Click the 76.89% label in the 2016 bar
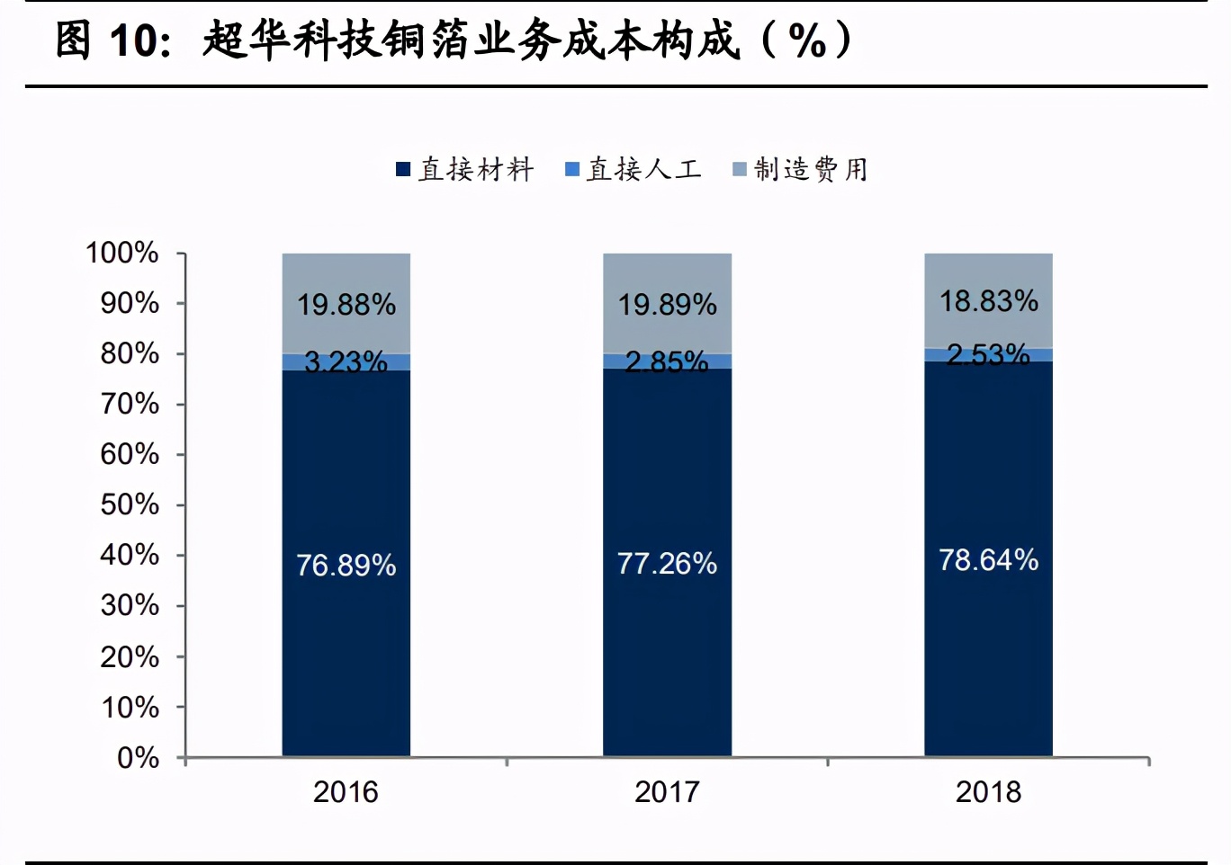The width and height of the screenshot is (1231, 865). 346,565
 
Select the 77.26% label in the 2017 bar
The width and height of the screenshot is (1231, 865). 667,563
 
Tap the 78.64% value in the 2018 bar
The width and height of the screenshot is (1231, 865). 988,560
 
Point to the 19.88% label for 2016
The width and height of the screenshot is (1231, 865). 346,305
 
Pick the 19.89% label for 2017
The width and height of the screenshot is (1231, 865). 667,305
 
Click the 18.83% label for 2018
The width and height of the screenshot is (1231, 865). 988,301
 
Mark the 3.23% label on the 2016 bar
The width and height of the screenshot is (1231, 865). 346,361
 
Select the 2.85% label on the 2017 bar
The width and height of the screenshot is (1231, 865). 667,361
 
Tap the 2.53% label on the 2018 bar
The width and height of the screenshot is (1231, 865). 988,354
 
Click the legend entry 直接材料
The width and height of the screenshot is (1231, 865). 476,169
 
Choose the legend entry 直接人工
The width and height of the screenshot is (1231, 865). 643,169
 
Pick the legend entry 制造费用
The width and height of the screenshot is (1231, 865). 811,169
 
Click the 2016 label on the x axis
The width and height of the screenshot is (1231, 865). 346,792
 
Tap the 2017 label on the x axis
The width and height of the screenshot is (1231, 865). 667,792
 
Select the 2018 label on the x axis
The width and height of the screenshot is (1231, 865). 988,792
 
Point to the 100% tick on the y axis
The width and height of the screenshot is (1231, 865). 122,253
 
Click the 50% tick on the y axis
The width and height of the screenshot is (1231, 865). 130,504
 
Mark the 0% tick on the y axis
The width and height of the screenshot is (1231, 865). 138,758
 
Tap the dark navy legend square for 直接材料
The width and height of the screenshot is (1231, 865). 403,169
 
